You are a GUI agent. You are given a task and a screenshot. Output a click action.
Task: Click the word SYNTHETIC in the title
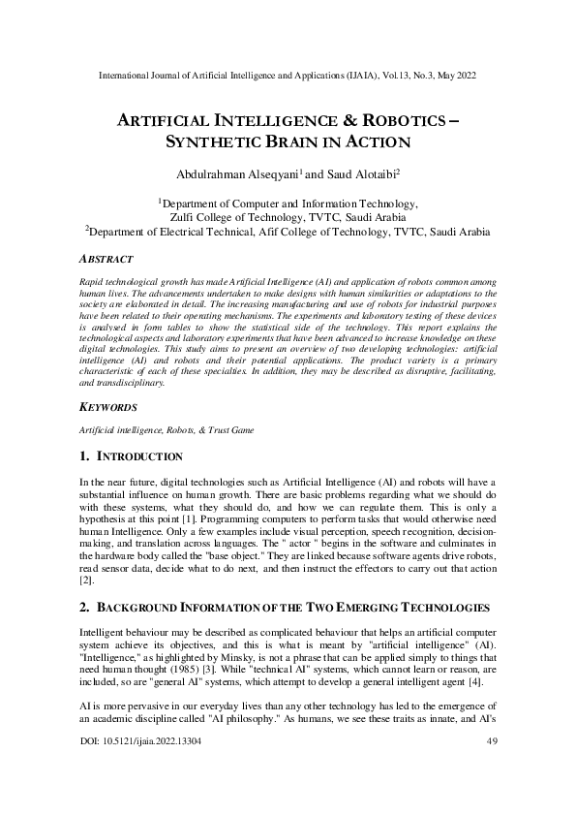(x=198, y=141)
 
